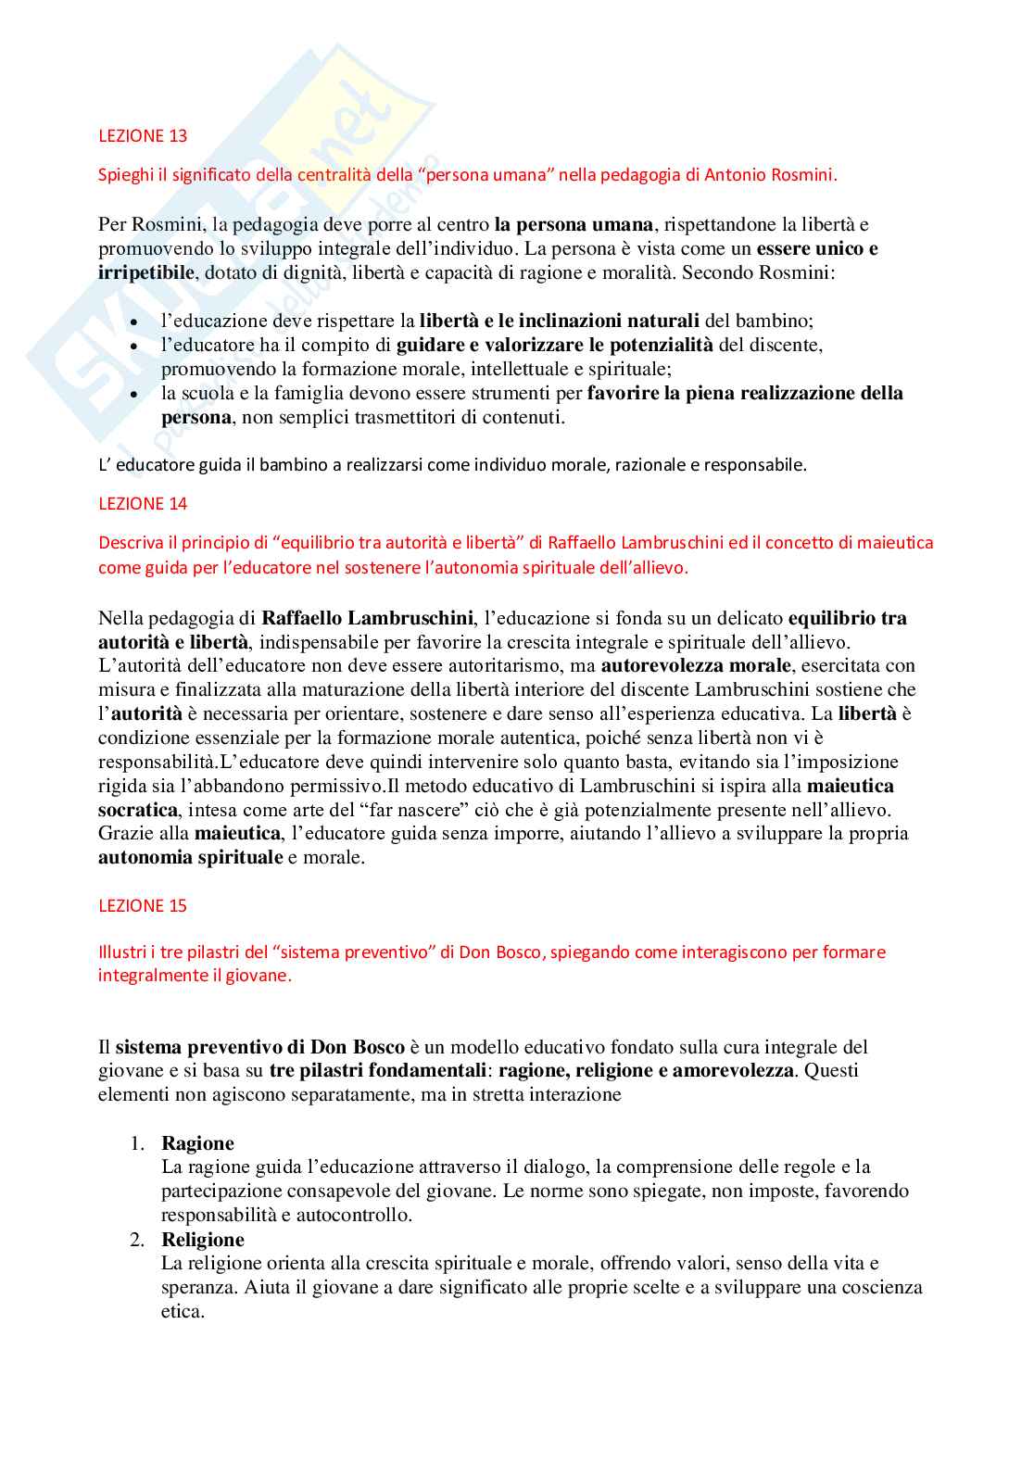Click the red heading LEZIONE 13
pyautogui.click(x=143, y=136)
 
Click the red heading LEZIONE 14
pyautogui.click(x=143, y=504)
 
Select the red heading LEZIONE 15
pyautogui.click(x=143, y=906)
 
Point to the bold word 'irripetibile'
pyautogui.click(x=146, y=272)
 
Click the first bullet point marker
pyautogui.click(x=135, y=322)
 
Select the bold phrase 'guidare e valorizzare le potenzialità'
pyautogui.click(x=555, y=345)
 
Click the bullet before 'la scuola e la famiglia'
pyautogui.click(x=135, y=394)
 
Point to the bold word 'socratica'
pyautogui.click(x=137, y=810)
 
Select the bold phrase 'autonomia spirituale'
pyautogui.click(x=190, y=857)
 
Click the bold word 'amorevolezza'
pyautogui.click(x=733, y=1071)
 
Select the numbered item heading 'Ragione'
pyautogui.click(x=197, y=1143)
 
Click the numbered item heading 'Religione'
pyautogui.click(x=203, y=1240)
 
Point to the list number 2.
pyautogui.click(x=136, y=1240)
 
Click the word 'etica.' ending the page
pyautogui.click(x=183, y=1311)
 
